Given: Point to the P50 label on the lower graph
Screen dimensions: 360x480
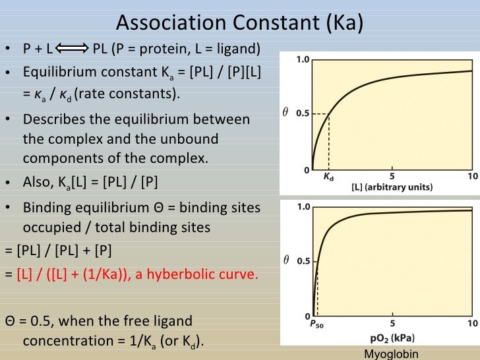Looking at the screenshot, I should click(317, 324).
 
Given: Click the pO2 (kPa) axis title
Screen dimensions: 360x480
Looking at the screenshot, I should click(392, 337).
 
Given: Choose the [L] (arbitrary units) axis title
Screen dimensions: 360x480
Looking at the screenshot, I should click(392, 187).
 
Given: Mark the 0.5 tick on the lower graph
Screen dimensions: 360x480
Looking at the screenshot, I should click(302, 261).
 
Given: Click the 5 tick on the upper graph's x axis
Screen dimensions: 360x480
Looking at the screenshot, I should click(392, 177).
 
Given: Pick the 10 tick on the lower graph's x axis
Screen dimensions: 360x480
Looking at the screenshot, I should click(472, 324).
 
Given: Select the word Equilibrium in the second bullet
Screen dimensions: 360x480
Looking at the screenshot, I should click(57, 72).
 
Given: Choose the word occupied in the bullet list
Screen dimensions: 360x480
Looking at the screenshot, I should click(51, 227).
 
